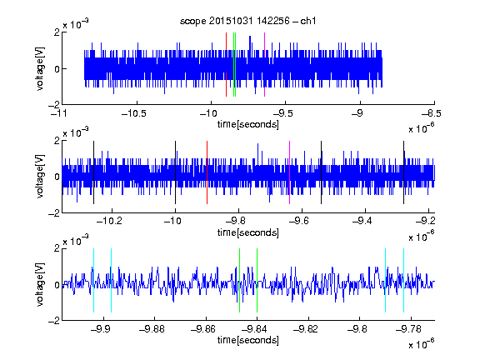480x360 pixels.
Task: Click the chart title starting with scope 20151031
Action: (x=247, y=21)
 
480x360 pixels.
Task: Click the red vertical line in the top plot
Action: (x=226, y=65)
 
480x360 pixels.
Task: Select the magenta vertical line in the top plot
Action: (x=264, y=65)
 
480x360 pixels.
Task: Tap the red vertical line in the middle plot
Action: (x=207, y=172)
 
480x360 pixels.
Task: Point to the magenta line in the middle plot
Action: (x=290, y=172)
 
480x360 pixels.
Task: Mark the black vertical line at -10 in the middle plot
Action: (x=175, y=172)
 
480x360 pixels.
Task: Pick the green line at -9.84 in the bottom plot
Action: (x=257, y=280)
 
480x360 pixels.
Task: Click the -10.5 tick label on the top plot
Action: (x=134, y=113)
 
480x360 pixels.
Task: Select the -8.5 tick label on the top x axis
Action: (x=432, y=113)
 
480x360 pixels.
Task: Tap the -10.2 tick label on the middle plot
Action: (x=109, y=221)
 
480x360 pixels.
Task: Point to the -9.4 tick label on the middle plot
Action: (x=362, y=221)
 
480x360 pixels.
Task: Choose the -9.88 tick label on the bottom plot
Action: (x=152, y=329)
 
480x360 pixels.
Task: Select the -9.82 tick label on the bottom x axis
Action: (x=306, y=329)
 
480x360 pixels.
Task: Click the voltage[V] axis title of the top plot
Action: (x=40, y=68)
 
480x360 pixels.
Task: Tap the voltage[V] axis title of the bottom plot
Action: (x=40, y=284)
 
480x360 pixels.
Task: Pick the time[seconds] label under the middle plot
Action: (x=248, y=232)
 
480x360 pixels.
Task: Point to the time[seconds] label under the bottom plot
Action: (x=248, y=340)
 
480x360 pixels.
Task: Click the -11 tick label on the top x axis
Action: (x=59, y=113)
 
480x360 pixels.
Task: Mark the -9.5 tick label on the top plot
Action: (x=282, y=113)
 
